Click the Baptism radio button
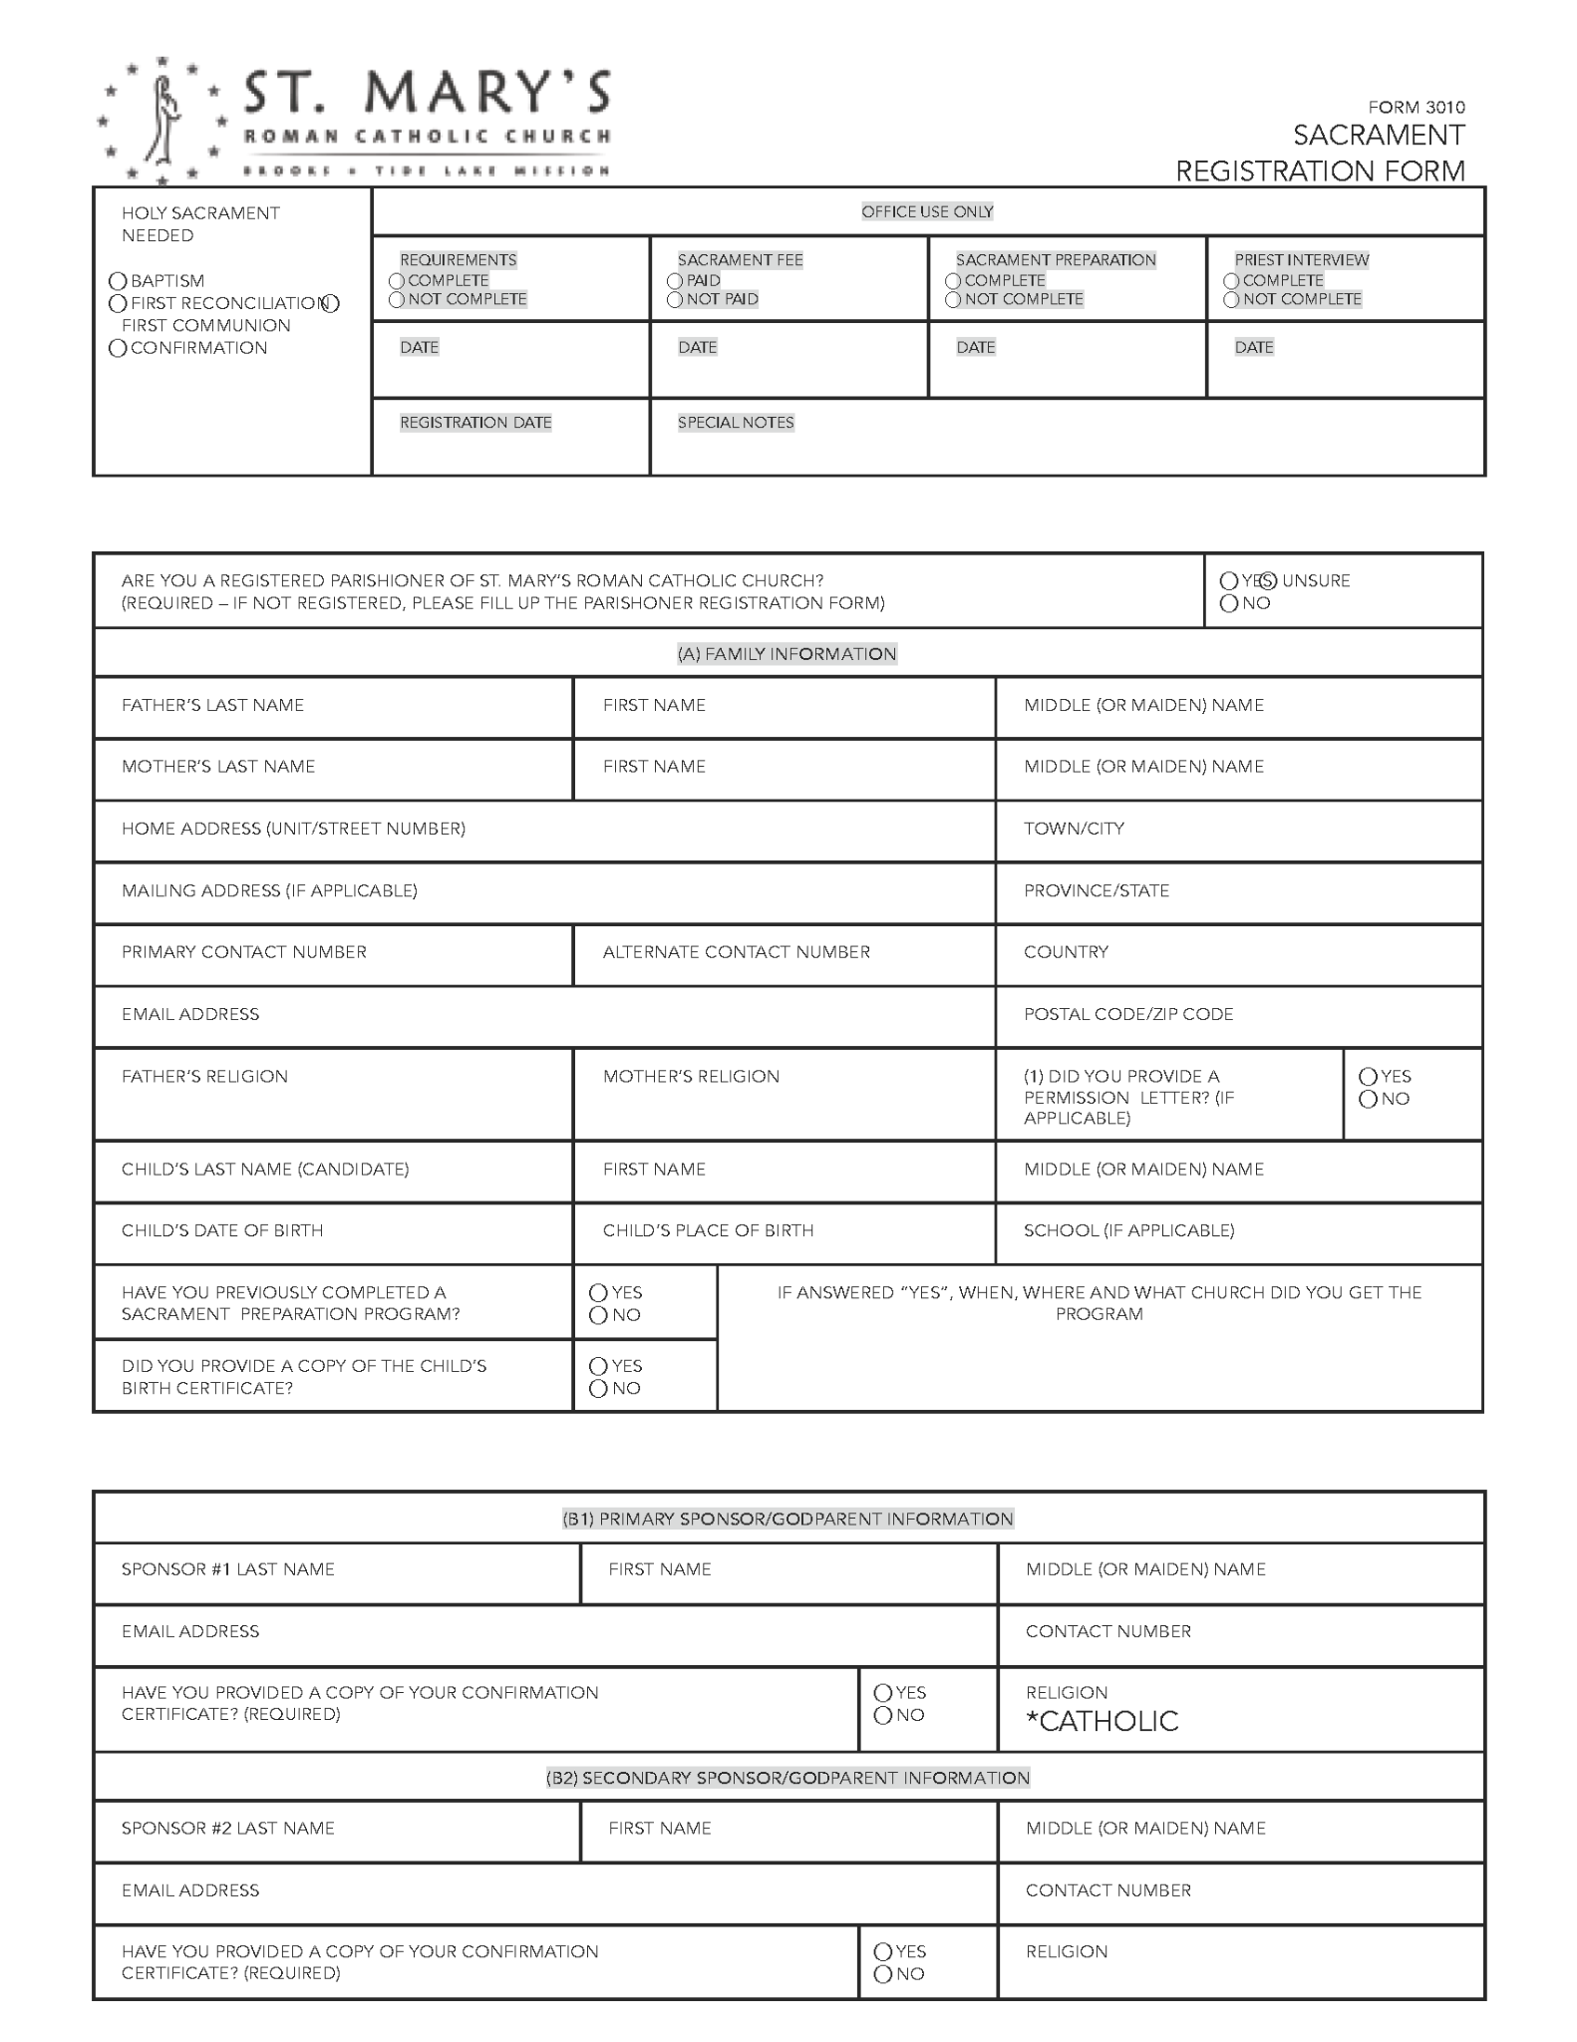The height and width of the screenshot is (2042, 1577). (118, 281)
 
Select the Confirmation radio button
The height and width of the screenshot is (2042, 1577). (118, 348)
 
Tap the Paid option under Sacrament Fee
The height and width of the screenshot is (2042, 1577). (676, 281)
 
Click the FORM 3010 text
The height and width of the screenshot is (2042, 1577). (1416, 107)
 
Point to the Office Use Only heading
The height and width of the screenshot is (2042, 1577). (927, 211)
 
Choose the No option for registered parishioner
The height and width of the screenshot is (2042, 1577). (1229, 603)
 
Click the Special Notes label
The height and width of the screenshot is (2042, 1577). (736, 423)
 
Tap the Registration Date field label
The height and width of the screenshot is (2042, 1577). (475, 423)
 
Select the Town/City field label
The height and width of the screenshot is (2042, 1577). (1074, 829)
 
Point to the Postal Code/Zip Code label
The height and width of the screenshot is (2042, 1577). (1128, 1014)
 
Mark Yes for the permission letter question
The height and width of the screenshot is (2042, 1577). (1369, 1077)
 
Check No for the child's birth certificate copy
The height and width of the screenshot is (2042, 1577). (599, 1389)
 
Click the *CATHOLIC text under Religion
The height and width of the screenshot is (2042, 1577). (1102, 1722)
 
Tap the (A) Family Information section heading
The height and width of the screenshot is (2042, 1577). (787, 654)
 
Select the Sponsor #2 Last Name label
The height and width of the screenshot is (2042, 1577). (227, 1829)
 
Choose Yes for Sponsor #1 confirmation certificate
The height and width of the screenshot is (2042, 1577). (883, 1693)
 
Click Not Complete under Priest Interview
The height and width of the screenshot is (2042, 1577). (1232, 300)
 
